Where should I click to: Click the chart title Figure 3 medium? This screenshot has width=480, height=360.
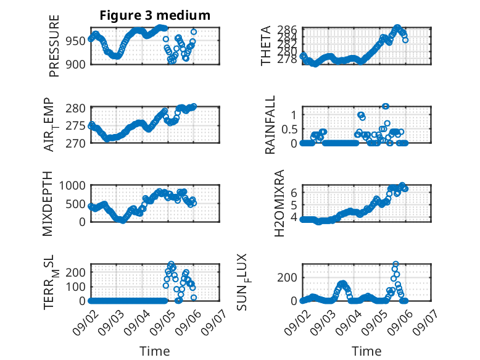155,15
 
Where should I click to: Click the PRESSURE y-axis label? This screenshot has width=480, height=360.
54,46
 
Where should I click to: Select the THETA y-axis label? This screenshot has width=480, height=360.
266,46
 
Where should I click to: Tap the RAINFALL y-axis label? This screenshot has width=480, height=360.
270,125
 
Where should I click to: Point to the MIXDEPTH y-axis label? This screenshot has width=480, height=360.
48,204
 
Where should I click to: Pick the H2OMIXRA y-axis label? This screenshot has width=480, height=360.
279,203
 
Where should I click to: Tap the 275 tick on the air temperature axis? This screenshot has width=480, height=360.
76,125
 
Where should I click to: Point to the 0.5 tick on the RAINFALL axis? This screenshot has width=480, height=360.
289,129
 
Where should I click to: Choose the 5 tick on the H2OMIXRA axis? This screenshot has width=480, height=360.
294,205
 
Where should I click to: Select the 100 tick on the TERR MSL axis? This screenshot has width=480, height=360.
76,287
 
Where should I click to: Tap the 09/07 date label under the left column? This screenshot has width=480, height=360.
214,322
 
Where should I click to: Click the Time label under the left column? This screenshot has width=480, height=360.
155,351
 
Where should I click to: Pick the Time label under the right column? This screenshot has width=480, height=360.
366,351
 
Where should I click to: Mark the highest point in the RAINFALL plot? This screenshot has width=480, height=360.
386,106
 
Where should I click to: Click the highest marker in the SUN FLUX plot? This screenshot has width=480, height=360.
395,264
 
